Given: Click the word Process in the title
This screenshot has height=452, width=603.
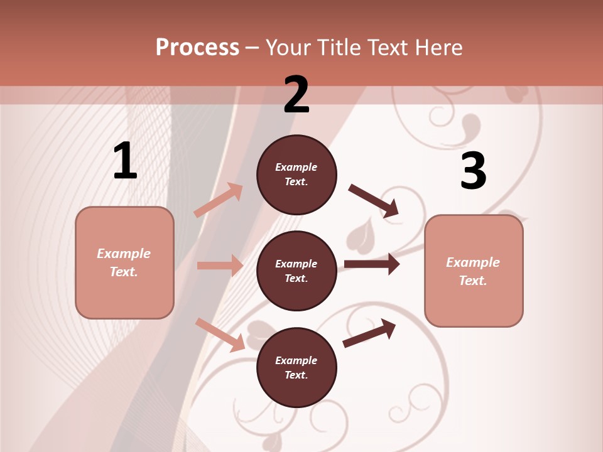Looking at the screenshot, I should point(197,47).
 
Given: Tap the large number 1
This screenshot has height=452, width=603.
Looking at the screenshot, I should point(125,161).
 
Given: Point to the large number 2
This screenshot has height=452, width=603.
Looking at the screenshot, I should point(296,95).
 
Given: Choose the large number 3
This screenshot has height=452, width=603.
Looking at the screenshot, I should point(473,171).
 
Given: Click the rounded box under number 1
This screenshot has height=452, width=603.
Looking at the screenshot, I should point(124,262).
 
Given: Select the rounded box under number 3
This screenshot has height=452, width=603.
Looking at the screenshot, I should point(474,271).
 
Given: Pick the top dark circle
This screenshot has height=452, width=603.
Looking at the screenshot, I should point(296,175).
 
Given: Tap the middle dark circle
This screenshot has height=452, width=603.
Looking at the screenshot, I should point(296,271).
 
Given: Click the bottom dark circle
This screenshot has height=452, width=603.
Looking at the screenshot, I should point(296,367).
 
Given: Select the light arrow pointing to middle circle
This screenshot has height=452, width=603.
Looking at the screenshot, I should point(220,266).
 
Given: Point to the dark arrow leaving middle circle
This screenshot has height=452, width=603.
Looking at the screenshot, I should point(372,264).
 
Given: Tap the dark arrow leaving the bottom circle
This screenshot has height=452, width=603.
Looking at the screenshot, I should point(369,333).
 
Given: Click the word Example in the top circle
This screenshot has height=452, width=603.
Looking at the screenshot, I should point(296,167).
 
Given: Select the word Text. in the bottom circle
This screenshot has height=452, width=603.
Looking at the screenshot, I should point(296,375).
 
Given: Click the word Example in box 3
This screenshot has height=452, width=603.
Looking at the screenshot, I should point(473,262).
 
